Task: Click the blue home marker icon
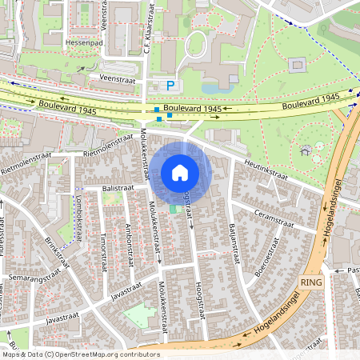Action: [x=180, y=172]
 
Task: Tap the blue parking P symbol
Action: [x=169, y=86]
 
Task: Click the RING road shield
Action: [x=310, y=283]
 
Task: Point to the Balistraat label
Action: [x=118, y=186]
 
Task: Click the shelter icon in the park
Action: [x=305, y=150]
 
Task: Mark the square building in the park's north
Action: [x=298, y=65]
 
